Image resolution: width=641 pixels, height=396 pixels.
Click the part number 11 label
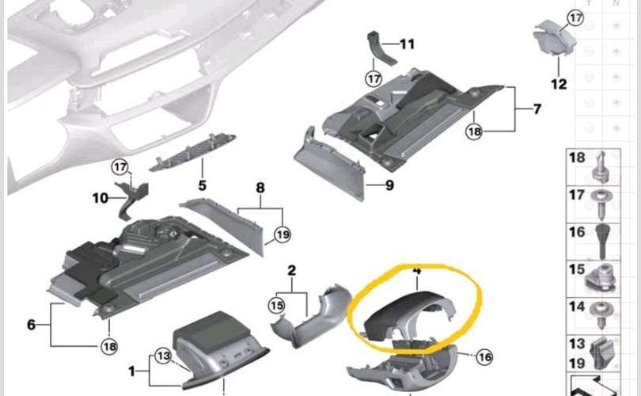tap(407, 44)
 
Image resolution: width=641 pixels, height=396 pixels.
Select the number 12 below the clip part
tap(559, 84)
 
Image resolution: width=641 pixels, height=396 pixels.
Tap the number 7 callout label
tap(537, 109)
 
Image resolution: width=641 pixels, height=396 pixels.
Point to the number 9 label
tap(389, 185)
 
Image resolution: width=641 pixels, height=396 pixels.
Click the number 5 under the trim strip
tap(203, 185)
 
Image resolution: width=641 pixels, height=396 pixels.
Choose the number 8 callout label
tap(260, 188)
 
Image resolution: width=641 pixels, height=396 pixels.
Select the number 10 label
tap(101, 199)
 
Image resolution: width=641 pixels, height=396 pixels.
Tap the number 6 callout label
tap(31, 325)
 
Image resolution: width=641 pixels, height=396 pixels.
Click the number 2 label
tap(291, 270)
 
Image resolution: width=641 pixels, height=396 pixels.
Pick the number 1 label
tap(131, 371)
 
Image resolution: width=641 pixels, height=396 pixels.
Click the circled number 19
tap(283, 234)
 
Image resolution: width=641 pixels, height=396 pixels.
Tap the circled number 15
tap(277, 306)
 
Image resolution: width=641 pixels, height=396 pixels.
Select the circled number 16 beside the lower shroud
tap(485, 357)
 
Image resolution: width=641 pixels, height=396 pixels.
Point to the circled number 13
tap(164, 356)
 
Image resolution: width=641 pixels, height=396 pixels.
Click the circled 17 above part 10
tap(120, 167)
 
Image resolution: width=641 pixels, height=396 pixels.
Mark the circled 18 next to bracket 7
tap(474, 131)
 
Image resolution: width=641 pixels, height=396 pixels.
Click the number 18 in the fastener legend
tap(577, 158)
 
